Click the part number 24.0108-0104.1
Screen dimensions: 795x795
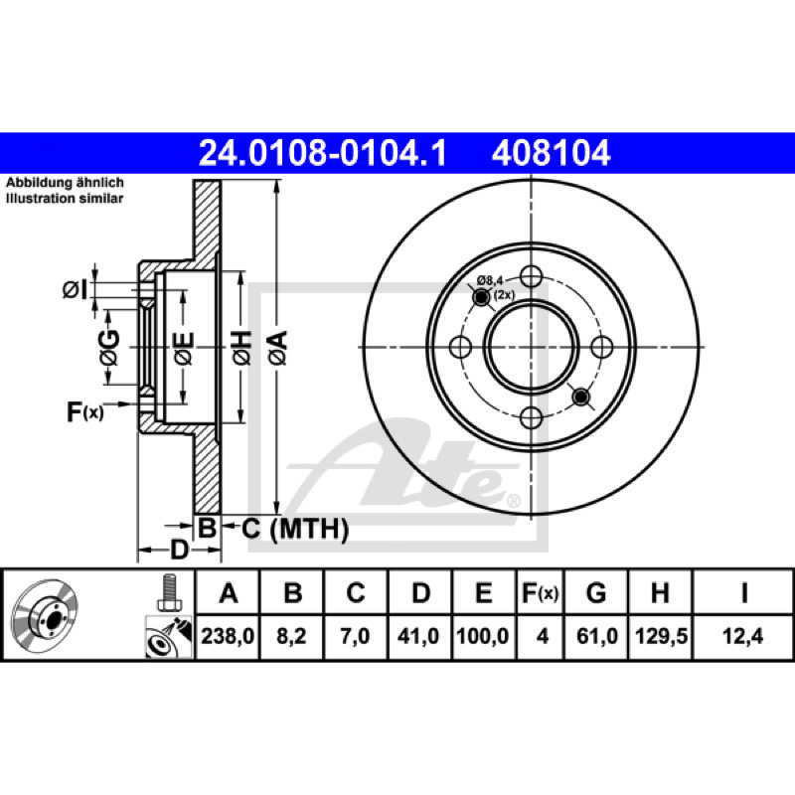coord(322,153)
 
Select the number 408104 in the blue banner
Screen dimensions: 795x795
coord(551,153)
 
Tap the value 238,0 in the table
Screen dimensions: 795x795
coord(228,636)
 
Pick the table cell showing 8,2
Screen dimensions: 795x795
coord(291,636)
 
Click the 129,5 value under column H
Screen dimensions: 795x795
coord(661,636)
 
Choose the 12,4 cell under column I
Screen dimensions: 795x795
coord(742,636)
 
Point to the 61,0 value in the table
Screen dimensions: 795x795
coord(597,636)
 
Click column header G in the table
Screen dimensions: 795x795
coord(596,592)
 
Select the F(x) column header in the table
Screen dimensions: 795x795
coord(541,592)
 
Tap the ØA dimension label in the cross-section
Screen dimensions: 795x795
coord(278,348)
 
